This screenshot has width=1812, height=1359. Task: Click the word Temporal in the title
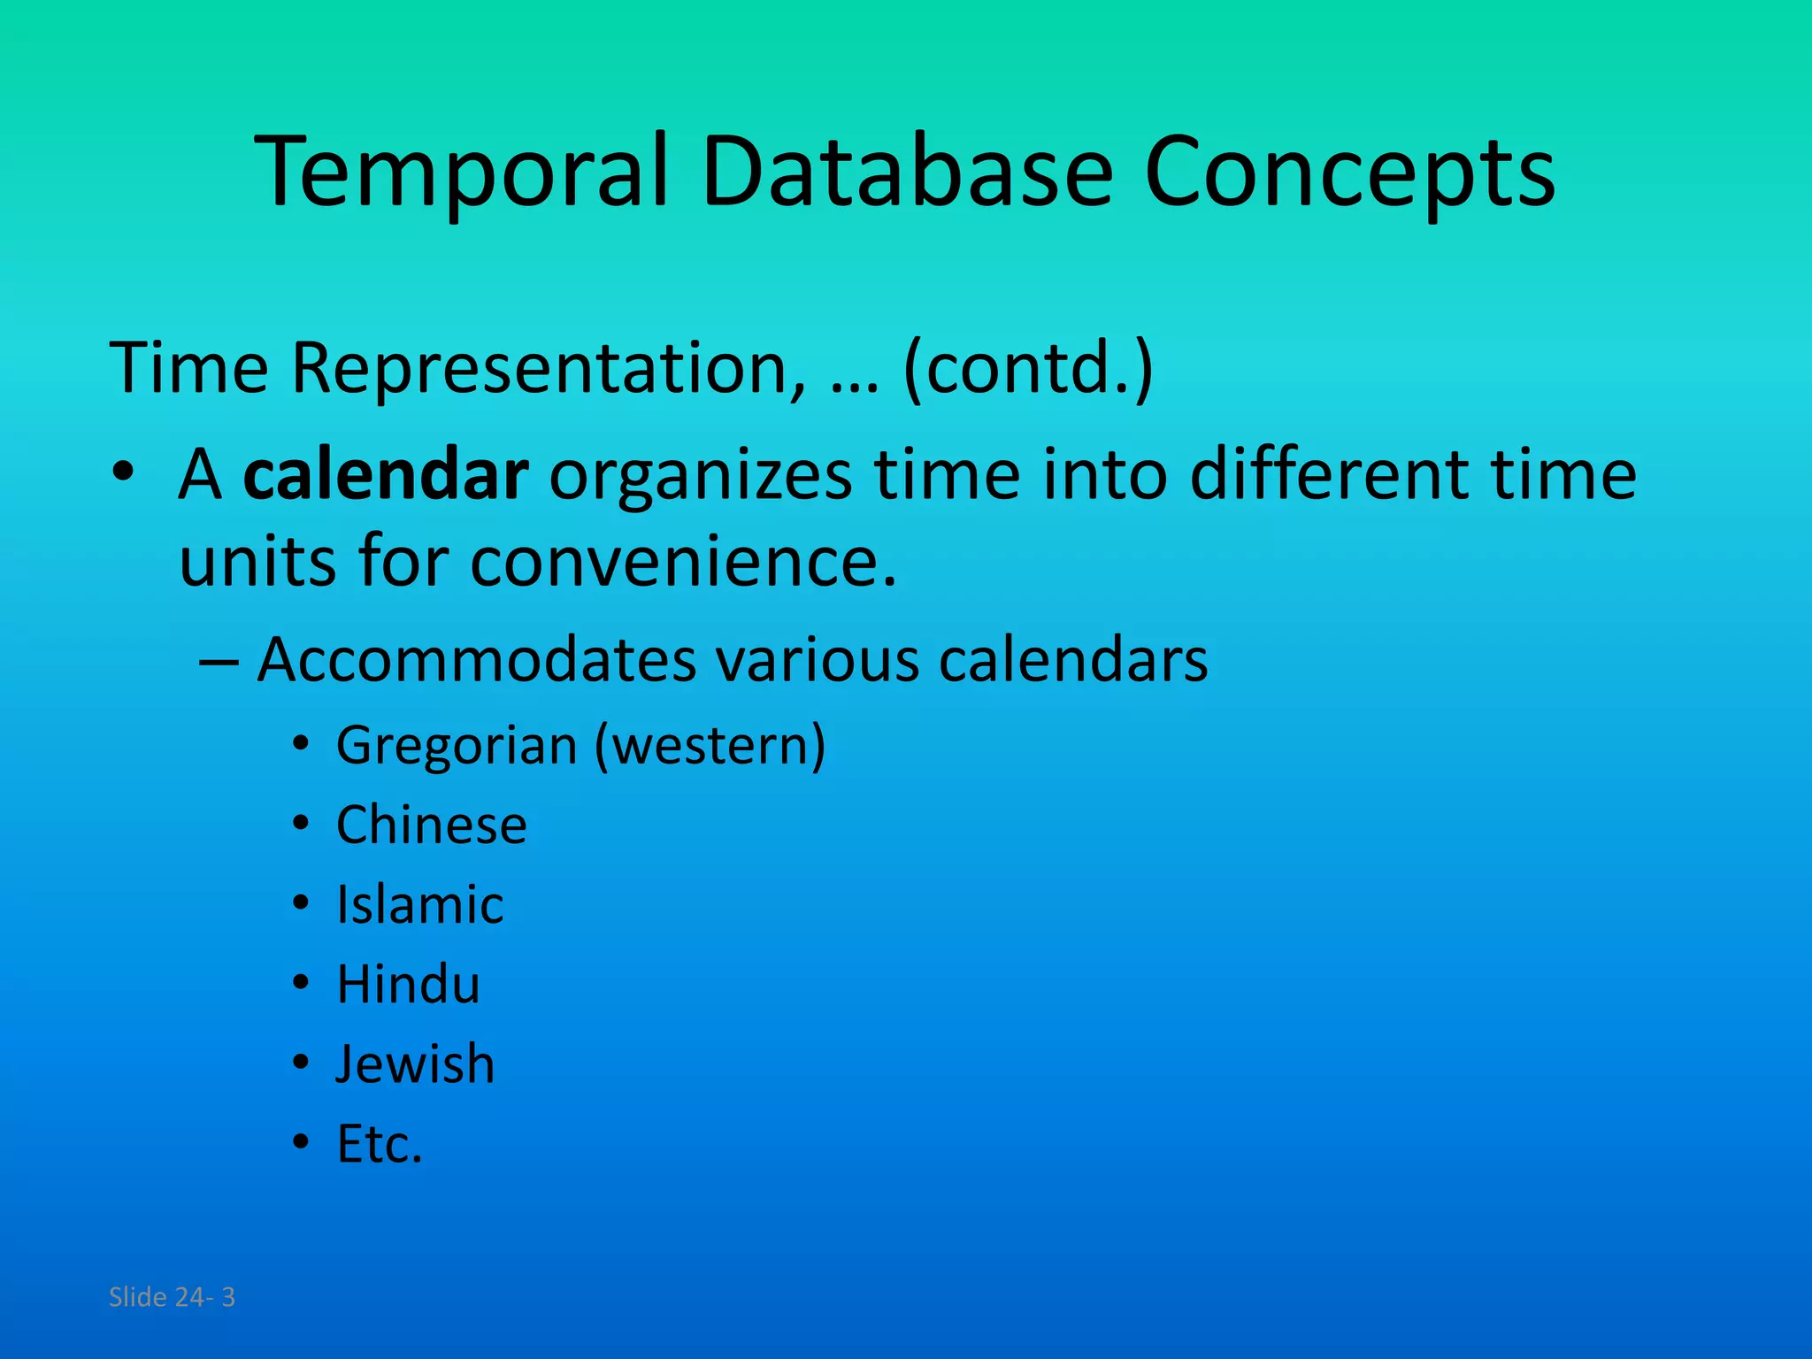pos(460,173)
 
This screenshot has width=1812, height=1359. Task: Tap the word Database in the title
pos(906,173)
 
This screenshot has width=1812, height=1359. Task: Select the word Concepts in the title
pos(1348,173)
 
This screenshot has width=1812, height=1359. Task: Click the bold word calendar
pos(386,475)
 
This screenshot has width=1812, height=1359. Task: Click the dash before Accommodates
pos(219,662)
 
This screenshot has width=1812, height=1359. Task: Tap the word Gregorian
pos(457,745)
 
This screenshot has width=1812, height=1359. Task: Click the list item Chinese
pos(431,825)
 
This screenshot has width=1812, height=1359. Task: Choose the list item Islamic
pos(419,905)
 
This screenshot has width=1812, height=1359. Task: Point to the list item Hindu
pos(408,985)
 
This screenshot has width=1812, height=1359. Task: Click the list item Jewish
pos(415,1064)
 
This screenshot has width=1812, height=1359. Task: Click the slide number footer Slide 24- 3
pos(172,1297)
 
